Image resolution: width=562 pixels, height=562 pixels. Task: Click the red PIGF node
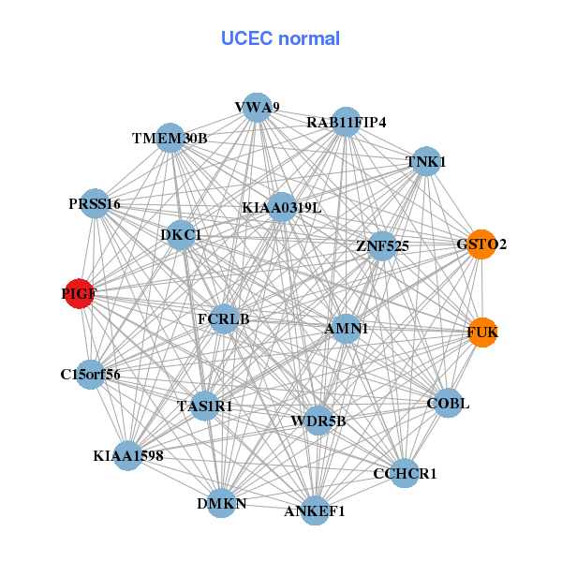point(80,294)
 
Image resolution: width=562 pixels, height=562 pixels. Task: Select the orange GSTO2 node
point(481,244)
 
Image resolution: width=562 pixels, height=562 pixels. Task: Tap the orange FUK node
point(482,333)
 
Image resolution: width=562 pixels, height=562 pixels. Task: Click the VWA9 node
point(258,108)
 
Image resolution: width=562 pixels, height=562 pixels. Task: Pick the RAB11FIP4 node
point(347,122)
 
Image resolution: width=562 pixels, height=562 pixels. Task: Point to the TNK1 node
point(426,161)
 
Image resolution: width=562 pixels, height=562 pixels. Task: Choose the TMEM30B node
point(170,138)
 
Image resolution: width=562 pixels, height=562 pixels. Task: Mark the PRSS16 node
point(95,203)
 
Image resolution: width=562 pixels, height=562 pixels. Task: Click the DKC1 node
point(181,233)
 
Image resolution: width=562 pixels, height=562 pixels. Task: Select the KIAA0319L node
point(282,207)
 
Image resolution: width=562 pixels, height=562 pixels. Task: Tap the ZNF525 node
point(382,246)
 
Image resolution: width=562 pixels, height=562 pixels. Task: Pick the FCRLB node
point(224,318)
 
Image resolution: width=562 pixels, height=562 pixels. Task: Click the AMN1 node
point(347,329)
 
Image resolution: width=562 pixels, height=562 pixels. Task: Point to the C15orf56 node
point(91,375)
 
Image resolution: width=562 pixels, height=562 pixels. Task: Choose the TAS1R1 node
point(204,407)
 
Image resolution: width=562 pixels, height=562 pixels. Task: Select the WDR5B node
point(318,421)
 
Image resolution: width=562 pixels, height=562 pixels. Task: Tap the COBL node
point(448,404)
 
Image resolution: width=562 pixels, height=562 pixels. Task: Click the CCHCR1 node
point(405,474)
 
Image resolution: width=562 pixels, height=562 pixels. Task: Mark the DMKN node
point(222,504)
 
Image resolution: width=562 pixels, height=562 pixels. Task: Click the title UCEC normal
point(280,38)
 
